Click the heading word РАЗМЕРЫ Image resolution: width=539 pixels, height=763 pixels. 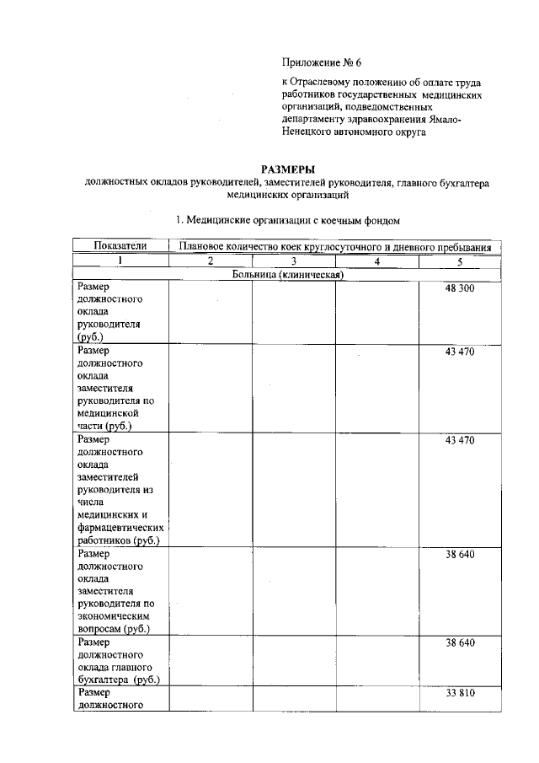tap(286, 169)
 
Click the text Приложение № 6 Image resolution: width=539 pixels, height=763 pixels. tap(323, 62)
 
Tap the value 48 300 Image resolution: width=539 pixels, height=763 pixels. tap(460, 289)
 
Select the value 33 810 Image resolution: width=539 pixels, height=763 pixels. tap(460, 693)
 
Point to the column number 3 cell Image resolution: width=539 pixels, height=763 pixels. tap(293, 261)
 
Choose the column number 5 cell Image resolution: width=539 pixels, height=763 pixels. tap(460, 261)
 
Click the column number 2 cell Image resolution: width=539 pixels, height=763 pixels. tap(211, 261)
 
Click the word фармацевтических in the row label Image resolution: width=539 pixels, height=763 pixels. tap(118, 528)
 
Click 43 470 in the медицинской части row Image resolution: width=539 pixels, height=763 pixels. tap(460, 352)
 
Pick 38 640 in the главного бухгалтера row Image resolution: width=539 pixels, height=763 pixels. tap(460, 642)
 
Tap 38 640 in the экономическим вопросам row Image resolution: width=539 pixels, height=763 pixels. tap(460, 554)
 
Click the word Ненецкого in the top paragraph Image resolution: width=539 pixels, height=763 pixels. tap(309, 132)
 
